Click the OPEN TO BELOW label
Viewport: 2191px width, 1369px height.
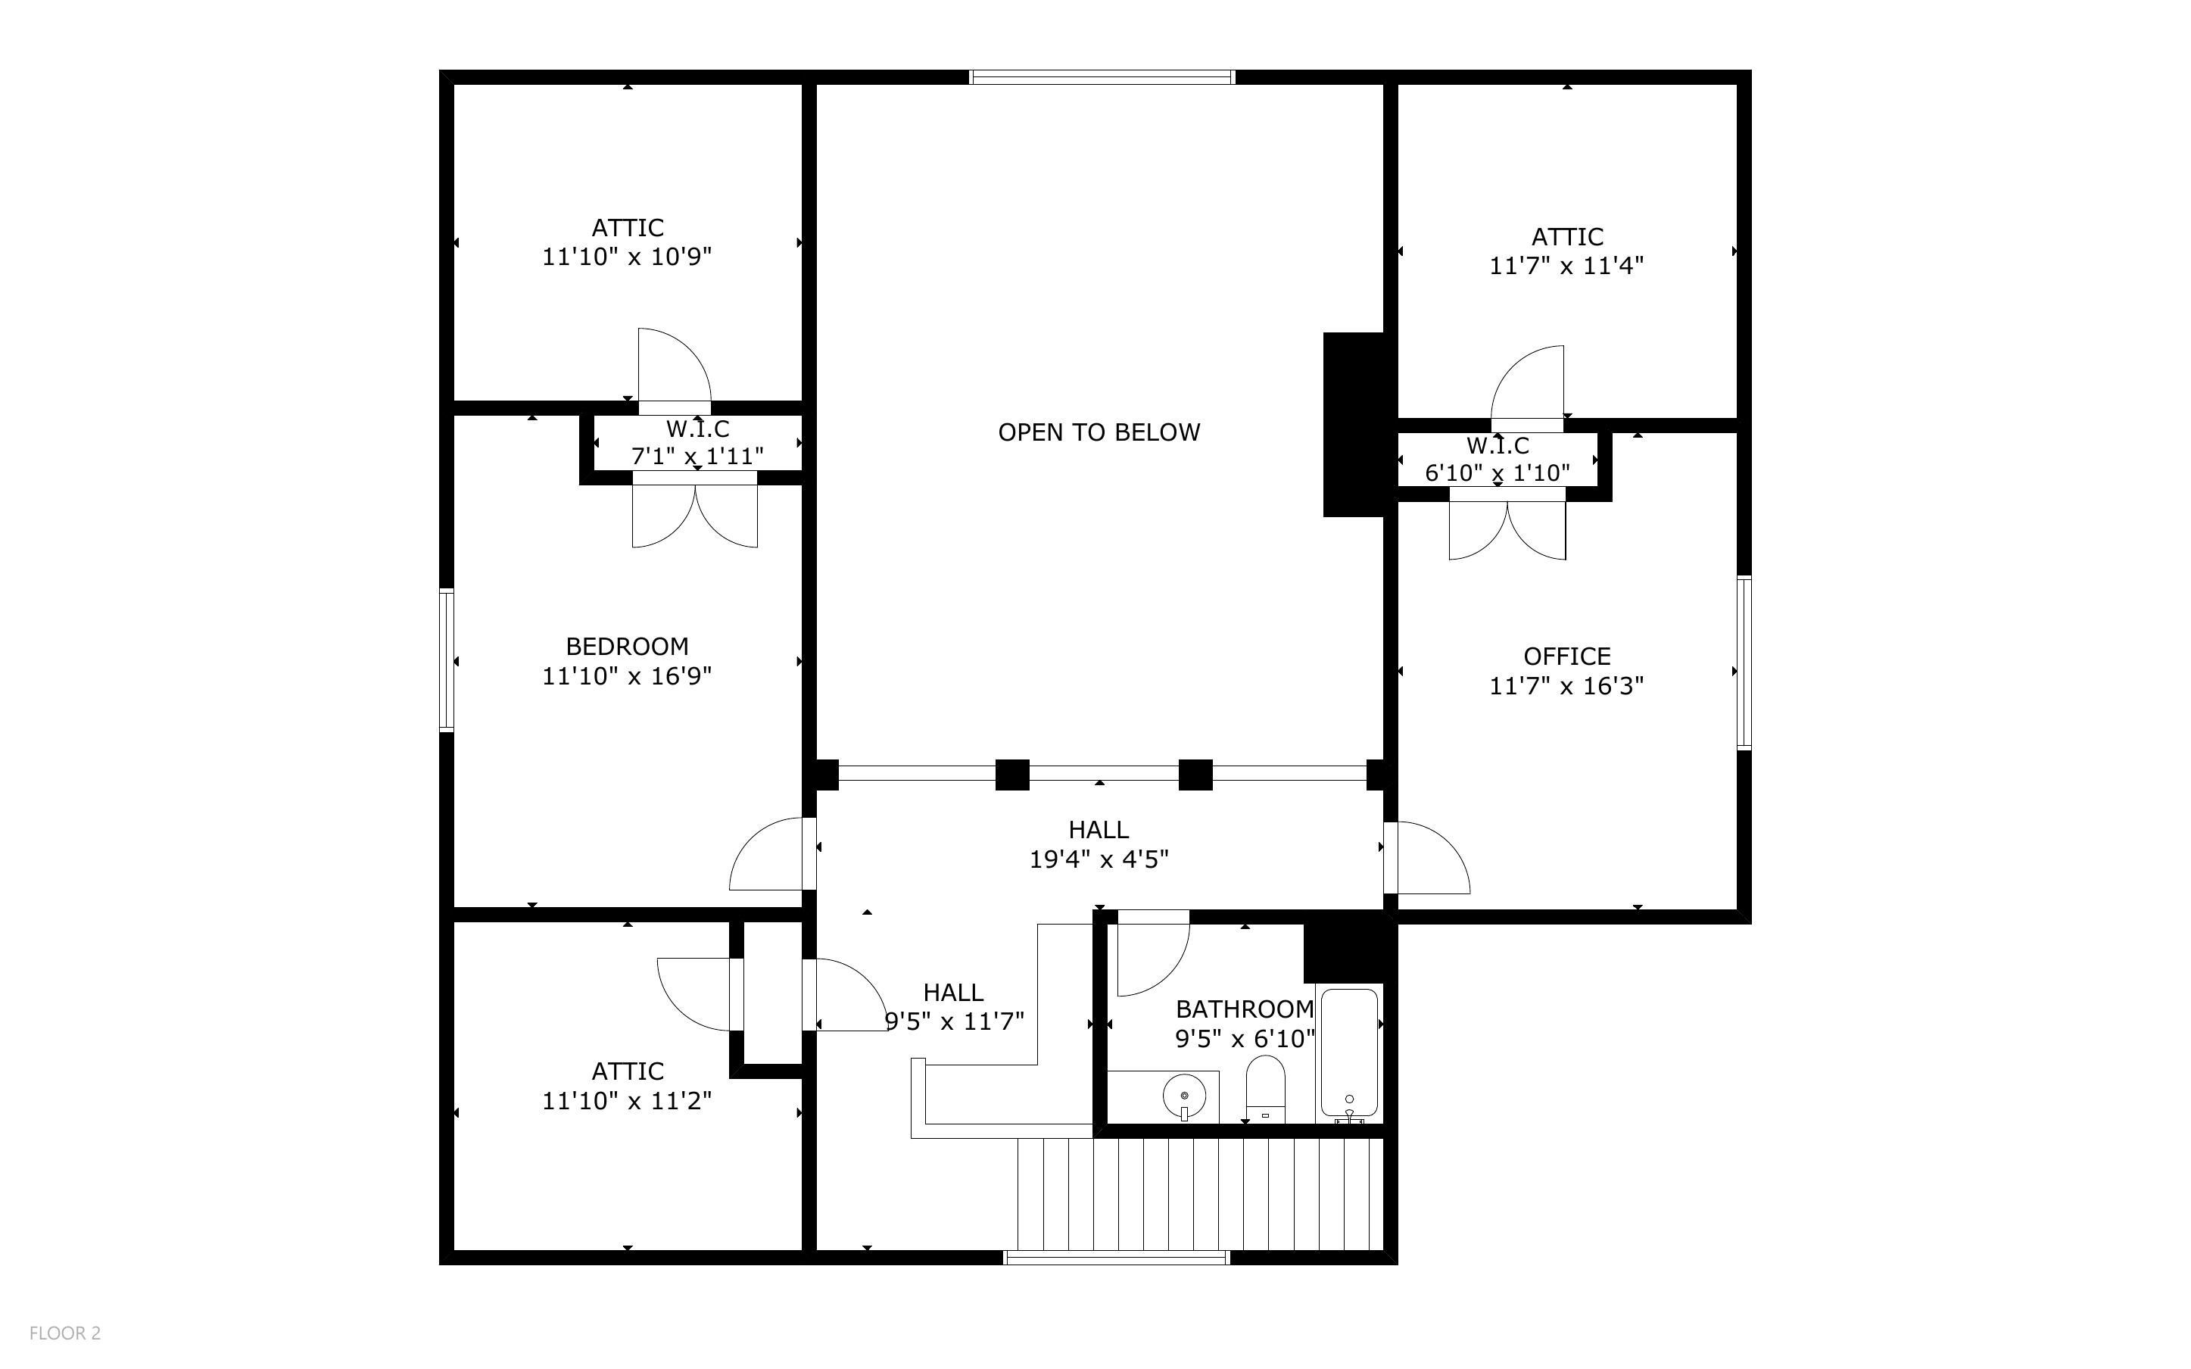pos(1099,433)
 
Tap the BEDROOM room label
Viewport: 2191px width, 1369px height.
pos(627,647)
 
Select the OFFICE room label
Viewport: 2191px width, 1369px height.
pos(1566,656)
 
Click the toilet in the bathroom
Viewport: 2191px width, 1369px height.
pos(1265,1090)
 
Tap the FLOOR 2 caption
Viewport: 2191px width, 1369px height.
pos(65,1333)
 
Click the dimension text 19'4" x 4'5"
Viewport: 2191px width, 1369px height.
pos(1099,859)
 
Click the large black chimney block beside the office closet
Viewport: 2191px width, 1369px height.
pos(1354,425)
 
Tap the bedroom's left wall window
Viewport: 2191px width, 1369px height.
pos(446,660)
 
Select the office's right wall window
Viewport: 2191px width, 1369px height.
pos(1744,663)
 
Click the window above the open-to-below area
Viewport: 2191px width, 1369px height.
pos(1102,77)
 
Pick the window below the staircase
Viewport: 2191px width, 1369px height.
pos(1117,1257)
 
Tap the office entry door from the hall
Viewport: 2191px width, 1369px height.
pos(1427,857)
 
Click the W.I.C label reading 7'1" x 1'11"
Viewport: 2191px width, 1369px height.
pos(697,443)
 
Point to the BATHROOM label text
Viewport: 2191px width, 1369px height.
pos(1245,1009)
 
